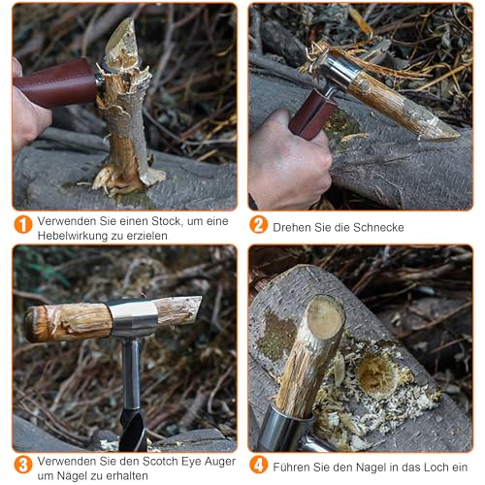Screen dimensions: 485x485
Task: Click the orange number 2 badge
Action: point(258,225)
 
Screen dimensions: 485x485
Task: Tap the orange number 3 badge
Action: point(23,465)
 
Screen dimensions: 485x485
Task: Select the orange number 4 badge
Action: point(258,465)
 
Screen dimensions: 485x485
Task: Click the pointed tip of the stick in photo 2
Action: point(452,135)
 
